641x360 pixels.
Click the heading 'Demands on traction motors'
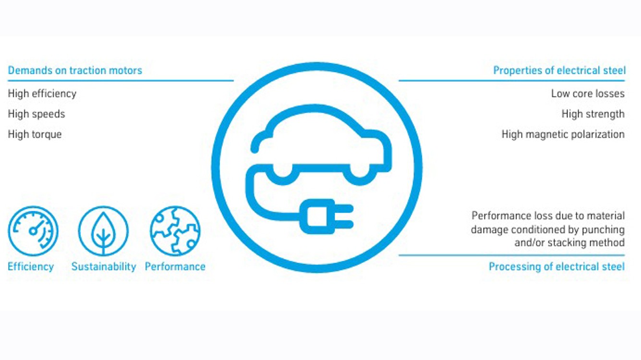click(x=75, y=71)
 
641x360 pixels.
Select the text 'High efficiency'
click(x=42, y=94)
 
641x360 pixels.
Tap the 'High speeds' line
click(x=36, y=114)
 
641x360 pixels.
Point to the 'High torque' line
click(x=35, y=134)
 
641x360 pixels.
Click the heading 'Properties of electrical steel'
click(x=559, y=71)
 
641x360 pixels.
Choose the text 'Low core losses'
click(x=588, y=94)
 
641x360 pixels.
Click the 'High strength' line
click(x=593, y=114)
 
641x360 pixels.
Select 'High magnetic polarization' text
click(x=563, y=134)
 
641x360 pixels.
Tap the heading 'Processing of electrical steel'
click(x=556, y=266)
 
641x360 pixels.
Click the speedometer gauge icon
click(x=33, y=231)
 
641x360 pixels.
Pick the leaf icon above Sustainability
click(x=103, y=231)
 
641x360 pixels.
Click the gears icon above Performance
click(x=175, y=231)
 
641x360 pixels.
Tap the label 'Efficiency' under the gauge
click(x=31, y=266)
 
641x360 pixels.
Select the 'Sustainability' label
click(x=104, y=266)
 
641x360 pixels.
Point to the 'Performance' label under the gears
click(x=175, y=266)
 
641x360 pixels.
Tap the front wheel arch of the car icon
click(x=360, y=172)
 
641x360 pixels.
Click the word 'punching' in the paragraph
click(x=603, y=230)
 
